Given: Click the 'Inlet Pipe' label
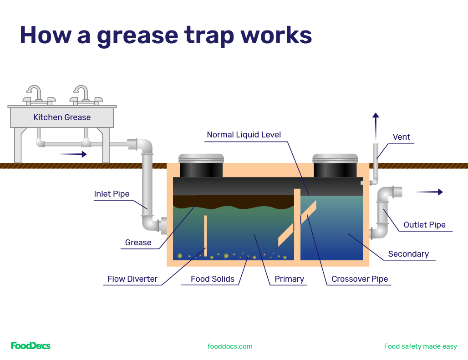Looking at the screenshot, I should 112,194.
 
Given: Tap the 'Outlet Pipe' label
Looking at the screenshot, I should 424,224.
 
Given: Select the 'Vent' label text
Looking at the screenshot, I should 401,137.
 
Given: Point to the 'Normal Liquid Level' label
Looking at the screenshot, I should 244,135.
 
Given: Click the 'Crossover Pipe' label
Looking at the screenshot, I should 360,279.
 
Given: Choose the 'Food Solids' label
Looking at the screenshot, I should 212,279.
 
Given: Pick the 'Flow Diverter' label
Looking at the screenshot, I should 132,279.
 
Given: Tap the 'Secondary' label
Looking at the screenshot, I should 408,254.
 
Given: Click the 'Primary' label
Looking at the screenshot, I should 289,279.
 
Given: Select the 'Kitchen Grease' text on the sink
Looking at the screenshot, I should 62,117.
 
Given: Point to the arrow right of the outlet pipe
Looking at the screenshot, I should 430,192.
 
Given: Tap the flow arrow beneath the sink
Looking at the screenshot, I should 73,154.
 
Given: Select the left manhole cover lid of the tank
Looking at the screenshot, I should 201,158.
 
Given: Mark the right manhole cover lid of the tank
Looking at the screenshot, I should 335,158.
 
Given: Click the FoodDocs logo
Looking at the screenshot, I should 31,346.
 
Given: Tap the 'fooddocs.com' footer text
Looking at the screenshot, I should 230,346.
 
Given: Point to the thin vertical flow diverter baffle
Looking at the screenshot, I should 205,235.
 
